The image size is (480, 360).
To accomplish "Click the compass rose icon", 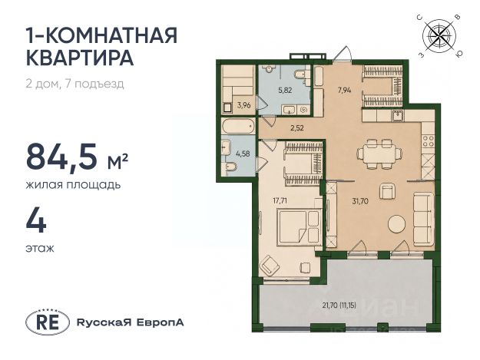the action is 439,36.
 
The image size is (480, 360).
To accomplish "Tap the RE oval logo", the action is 48,322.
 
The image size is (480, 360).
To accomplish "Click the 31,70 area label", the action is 360,201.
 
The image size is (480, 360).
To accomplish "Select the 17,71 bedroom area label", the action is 280,201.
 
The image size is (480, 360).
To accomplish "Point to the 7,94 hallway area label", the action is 344,91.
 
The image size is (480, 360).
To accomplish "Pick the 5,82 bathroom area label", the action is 285,91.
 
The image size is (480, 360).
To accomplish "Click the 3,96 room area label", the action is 244,105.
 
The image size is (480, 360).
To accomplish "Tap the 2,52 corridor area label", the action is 297,128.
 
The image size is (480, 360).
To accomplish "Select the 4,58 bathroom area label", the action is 243,154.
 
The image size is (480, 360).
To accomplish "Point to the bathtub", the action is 238,126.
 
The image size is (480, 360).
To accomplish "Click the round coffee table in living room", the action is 397,224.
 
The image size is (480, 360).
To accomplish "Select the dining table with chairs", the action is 379,154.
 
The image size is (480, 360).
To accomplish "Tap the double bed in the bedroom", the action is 300,227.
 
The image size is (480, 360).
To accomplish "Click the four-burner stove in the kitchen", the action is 428,141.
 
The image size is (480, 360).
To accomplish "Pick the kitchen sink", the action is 398,116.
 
